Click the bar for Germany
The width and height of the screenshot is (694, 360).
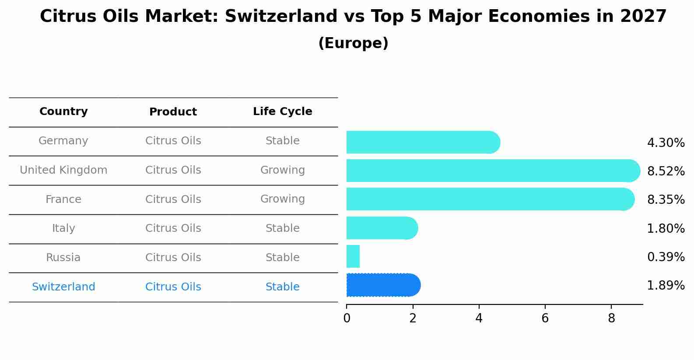click(x=423, y=142)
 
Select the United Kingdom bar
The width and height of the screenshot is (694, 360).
click(x=493, y=171)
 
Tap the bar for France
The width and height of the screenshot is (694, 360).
click(x=490, y=199)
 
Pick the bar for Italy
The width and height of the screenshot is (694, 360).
click(x=382, y=228)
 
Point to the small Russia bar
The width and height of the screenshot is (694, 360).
click(x=353, y=256)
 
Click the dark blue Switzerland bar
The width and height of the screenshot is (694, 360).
click(x=383, y=285)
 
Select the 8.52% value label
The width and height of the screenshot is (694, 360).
click(x=666, y=171)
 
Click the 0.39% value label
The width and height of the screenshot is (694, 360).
click(x=666, y=257)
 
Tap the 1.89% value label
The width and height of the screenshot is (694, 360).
click(x=666, y=286)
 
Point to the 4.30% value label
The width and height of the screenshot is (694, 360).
click(x=666, y=143)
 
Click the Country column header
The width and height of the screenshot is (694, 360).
click(x=63, y=112)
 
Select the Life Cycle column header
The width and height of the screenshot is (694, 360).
click(x=282, y=112)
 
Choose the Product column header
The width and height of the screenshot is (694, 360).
click(x=173, y=112)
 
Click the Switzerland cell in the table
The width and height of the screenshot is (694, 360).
click(x=63, y=287)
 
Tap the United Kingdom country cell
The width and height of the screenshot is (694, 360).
click(x=63, y=170)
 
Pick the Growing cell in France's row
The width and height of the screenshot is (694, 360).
click(x=282, y=199)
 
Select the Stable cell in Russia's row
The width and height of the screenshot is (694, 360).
click(x=282, y=258)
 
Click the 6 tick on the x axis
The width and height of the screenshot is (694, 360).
click(x=545, y=318)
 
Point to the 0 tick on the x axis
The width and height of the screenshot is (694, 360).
click(x=347, y=318)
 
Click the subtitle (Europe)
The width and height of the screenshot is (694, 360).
click(x=353, y=43)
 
